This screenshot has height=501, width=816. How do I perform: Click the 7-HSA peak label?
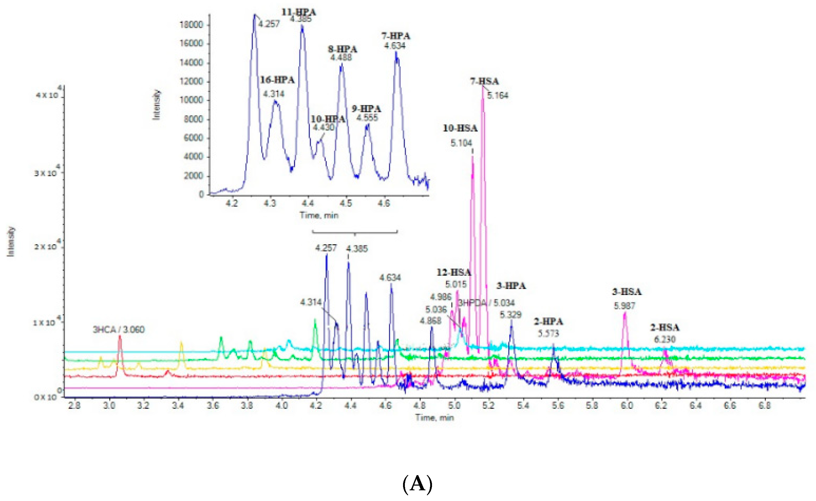point(484,81)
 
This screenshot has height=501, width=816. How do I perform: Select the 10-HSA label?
point(460,128)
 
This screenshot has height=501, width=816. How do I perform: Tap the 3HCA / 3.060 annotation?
point(118,329)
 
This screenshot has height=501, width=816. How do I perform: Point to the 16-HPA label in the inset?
point(277,80)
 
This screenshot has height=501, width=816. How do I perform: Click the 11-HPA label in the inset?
point(299,12)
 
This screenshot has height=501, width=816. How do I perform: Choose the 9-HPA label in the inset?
point(366,109)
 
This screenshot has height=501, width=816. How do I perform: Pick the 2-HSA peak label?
point(665,327)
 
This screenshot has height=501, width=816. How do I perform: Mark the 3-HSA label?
point(627,292)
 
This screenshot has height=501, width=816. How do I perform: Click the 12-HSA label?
point(454,272)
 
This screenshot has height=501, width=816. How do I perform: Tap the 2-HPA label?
point(548,321)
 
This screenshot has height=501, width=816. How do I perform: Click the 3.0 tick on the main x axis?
point(109,405)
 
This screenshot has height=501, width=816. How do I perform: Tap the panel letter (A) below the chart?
point(417,484)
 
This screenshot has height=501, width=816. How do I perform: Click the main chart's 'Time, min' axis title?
point(435,417)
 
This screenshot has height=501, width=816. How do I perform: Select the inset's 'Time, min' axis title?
point(319,215)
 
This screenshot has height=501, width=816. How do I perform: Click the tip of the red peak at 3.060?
point(120,336)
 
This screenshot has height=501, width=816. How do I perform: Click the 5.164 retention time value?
point(498,96)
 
